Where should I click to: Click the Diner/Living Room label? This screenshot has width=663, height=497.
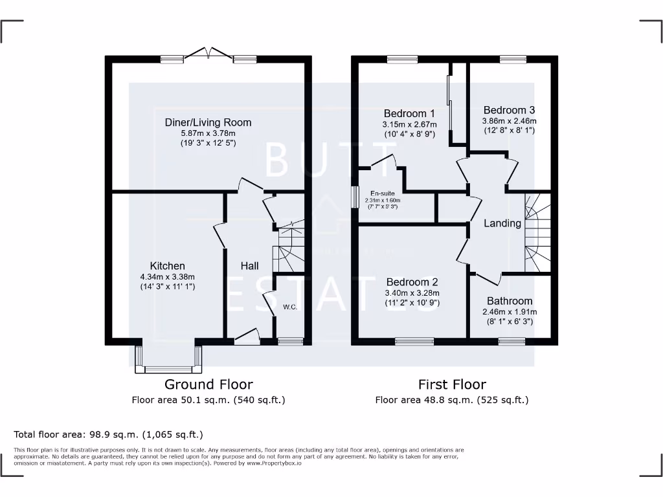pyautogui.click(x=208, y=122)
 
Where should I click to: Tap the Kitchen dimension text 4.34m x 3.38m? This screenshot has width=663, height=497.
pyautogui.click(x=168, y=276)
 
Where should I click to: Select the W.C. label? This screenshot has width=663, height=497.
pyautogui.click(x=289, y=307)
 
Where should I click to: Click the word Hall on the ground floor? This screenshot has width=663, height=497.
pyautogui.click(x=250, y=266)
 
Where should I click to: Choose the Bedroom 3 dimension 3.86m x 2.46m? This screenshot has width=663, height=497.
pyautogui.click(x=509, y=120)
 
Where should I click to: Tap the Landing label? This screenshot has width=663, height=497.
pyautogui.click(x=502, y=223)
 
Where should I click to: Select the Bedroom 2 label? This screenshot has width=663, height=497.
pyautogui.click(x=412, y=282)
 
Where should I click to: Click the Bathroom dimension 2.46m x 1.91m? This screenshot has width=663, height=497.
pyautogui.click(x=510, y=311)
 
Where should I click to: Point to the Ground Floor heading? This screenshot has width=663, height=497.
pyautogui.click(x=208, y=384)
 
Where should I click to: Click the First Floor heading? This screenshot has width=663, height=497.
pyautogui.click(x=452, y=384)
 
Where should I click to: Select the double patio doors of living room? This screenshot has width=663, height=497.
pyautogui.click(x=208, y=54)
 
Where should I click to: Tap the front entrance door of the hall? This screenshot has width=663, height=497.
pyautogui.click(x=247, y=336)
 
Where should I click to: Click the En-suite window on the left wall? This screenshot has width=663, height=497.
pyautogui.click(x=355, y=197)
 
